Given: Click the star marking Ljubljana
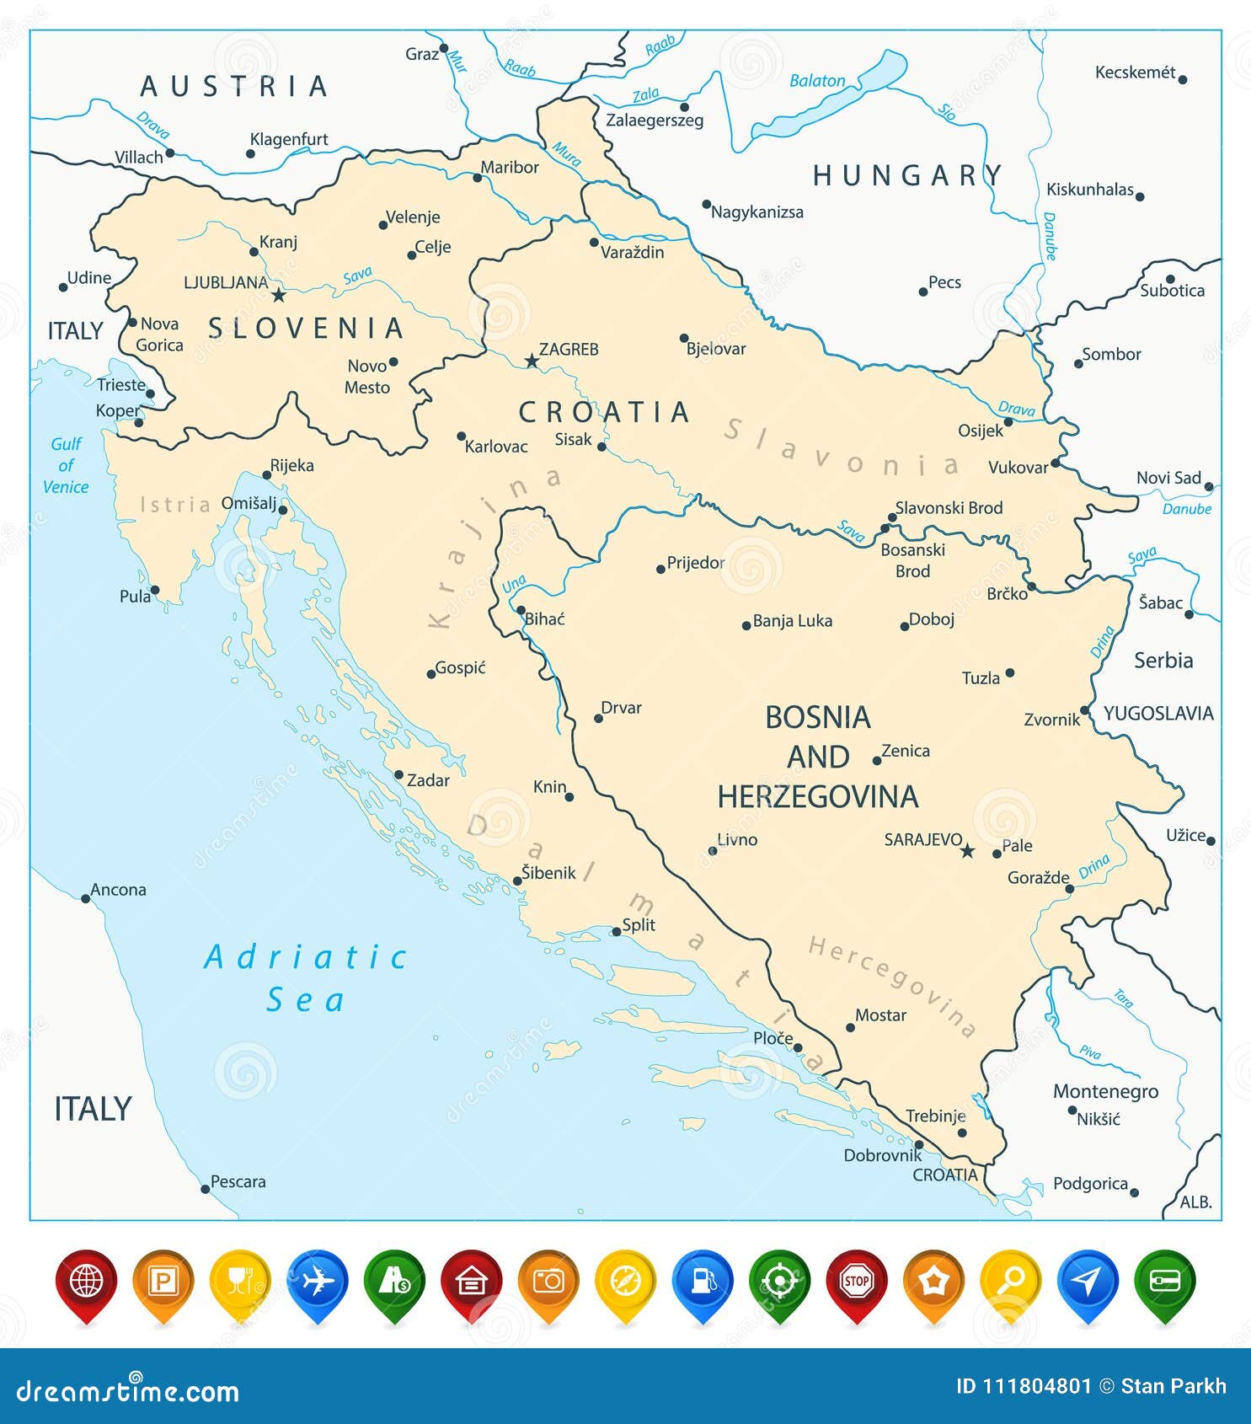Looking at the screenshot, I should pyautogui.click(x=279, y=295).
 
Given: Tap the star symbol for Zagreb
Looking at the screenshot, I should pyautogui.click(x=532, y=361).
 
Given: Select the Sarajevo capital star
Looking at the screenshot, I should pyautogui.click(x=967, y=851).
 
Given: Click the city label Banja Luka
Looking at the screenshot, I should pyautogui.click(x=792, y=621).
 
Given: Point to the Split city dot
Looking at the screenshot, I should pyautogui.click(x=617, y=931).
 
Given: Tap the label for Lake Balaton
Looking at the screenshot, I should pyautogui.click(x=816, y=81).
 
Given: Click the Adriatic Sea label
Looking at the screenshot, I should pyautogui.click(x=306, y=978).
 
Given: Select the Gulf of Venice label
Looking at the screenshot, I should pyautogui.click(x=66, y=465).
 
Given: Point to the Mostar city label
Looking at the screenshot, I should pyautogui.click(x=880, y=1015).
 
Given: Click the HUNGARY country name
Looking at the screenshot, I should pyautogui.click(x=907, y=175).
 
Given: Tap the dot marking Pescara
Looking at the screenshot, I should pyautogui.click(x=205, y=1189).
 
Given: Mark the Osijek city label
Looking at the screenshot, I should pyautogui.click(x=981, y=431).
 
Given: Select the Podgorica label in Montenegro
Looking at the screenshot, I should pyautogui.click(x=1090, y=1184).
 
